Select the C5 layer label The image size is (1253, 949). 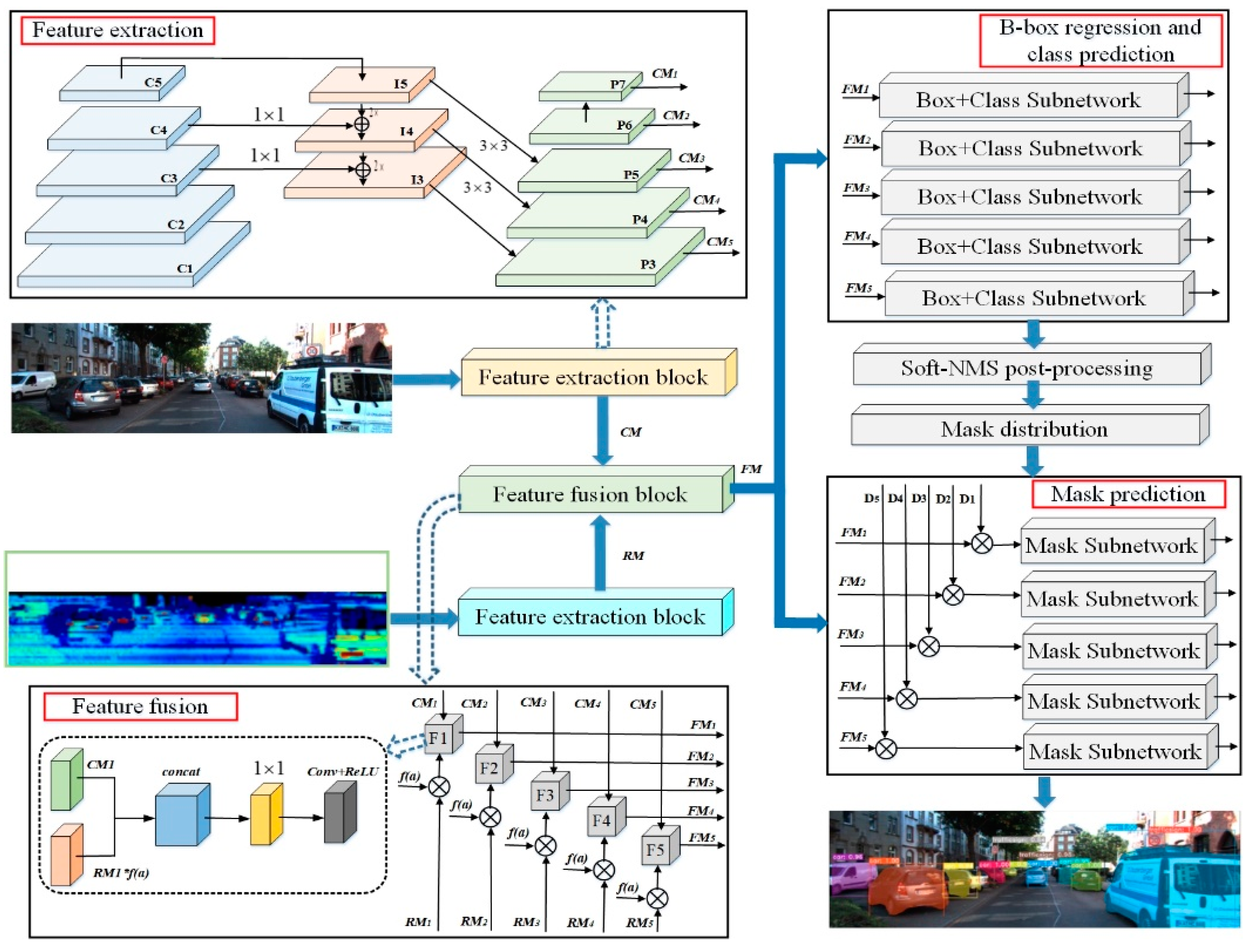[x=153, y=83]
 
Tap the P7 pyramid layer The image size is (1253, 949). [x=589, y=88]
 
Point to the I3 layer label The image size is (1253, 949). [x=417, y=180]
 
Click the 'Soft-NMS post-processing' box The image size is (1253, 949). [x=1027, y=369]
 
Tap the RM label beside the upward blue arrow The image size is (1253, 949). [x=633, y=556]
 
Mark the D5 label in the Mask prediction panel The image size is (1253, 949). [x=871, y=499]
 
